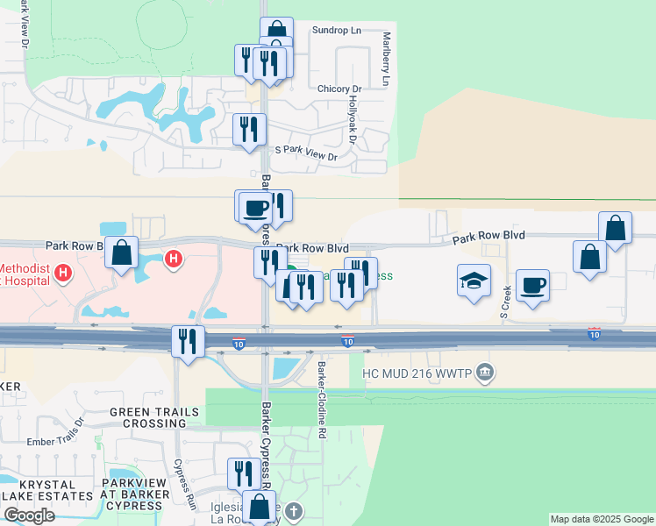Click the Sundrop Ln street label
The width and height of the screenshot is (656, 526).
point(337,30)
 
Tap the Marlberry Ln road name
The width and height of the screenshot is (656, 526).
point(386,60)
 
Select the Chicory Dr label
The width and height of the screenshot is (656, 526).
point(339,89)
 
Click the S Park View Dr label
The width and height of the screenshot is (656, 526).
point(306,154)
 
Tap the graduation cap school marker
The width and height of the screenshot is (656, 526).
point(474,282)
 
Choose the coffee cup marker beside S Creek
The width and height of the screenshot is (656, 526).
point(532,286)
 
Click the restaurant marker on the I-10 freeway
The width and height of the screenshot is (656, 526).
point(188,340)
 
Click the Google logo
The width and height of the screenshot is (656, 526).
point(29,515)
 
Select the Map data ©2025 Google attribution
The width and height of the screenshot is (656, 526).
point(602,519)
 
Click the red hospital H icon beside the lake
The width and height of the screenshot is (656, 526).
point(174,259)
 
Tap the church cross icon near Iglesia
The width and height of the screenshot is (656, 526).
point(294,510)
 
